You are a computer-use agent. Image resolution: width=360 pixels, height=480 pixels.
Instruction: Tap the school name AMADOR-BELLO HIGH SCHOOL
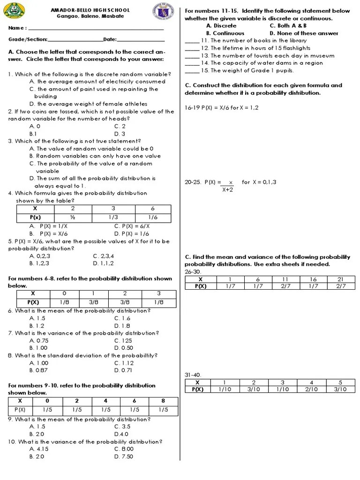(x=90, y=10)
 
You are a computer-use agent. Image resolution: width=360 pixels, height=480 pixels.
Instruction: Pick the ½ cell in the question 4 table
(x=73, y=217)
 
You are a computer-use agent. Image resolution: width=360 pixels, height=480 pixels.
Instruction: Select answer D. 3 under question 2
(x=120, y=134)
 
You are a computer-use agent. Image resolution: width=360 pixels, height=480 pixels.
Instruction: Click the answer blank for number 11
(x=192, y=41)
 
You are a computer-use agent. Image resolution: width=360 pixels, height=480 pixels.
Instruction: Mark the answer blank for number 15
(x=192, y=71)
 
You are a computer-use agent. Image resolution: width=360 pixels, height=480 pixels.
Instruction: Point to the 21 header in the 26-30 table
(x=341, y=279)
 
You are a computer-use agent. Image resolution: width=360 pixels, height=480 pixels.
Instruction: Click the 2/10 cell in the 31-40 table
(x=311, y=389)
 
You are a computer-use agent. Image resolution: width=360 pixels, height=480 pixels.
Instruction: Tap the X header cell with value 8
(x=163, y=401)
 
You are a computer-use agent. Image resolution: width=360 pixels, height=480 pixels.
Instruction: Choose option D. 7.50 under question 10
(x=124, y=457)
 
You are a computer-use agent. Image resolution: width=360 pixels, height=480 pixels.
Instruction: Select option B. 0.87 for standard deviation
(x=37, y=370)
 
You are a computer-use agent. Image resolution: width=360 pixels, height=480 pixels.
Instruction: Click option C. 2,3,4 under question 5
(x=104, y=256)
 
